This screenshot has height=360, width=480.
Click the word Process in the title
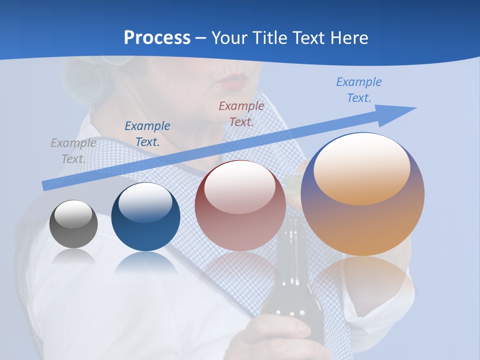click(157, 37)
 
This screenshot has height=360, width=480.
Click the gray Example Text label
click(73, 150)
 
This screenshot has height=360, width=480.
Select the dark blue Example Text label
click(147, 133)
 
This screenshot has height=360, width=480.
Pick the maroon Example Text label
click(241, 113)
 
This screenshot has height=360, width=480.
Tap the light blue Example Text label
click(359, 89)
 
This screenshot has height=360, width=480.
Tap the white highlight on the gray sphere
click(73, 214)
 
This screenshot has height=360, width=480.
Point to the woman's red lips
click(234, 81)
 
